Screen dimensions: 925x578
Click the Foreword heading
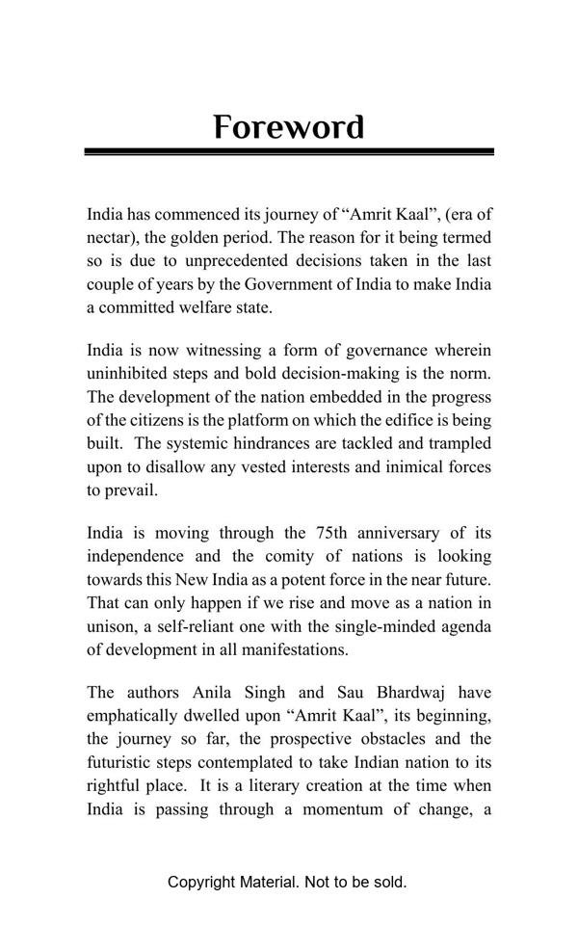(289, 127)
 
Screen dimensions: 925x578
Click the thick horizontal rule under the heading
(289, 151)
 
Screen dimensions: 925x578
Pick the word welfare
(214, 308)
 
